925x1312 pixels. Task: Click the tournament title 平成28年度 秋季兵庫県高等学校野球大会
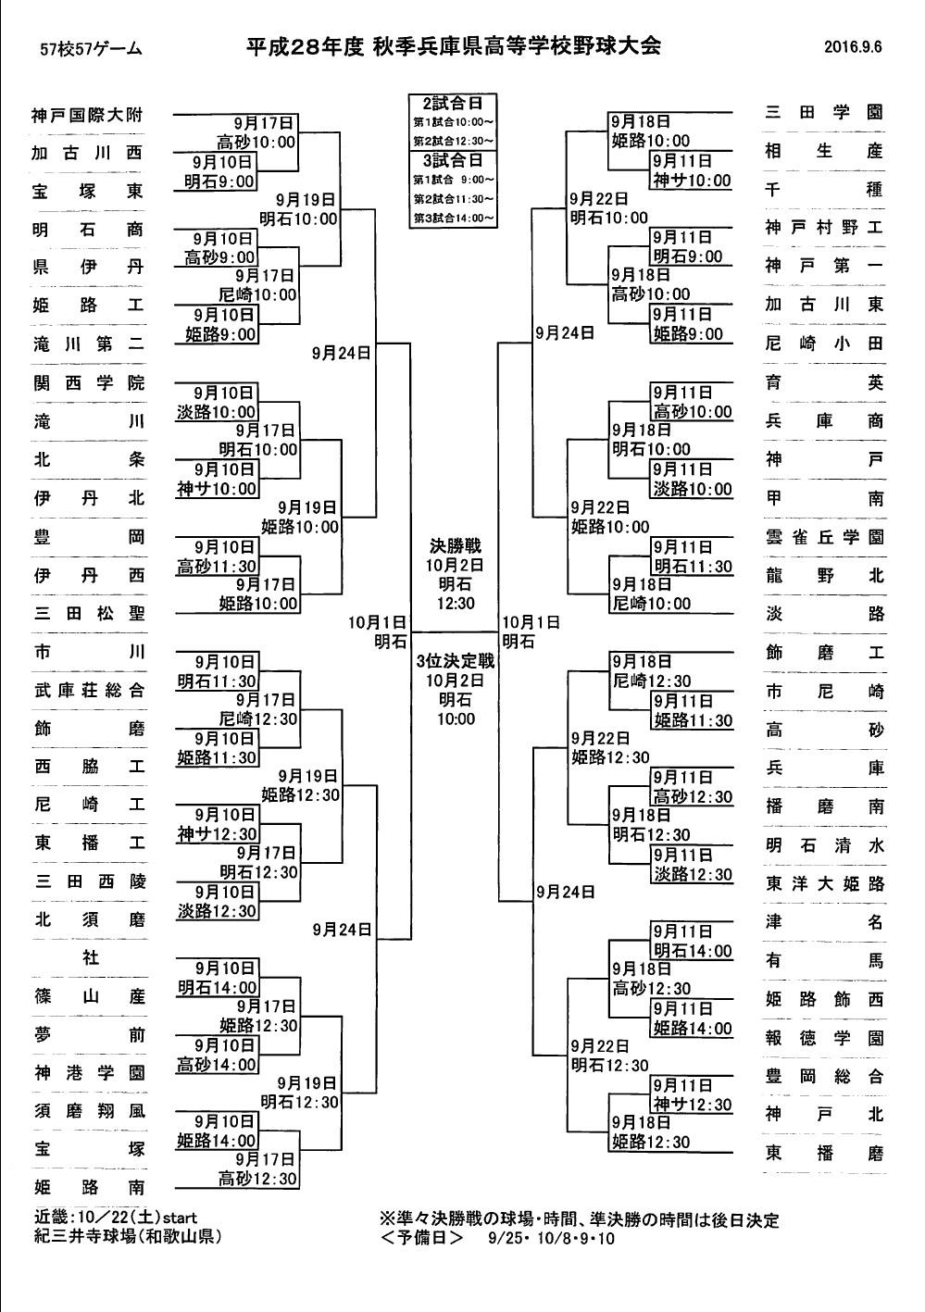(453, 46)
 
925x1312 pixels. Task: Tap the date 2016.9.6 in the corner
(853, 47)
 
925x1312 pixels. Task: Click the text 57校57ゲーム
(91, 49)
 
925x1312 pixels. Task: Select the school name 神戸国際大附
(87, 115)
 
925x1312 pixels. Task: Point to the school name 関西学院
(89, 383)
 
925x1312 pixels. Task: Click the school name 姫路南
(89, 1187)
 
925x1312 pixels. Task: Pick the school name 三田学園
(824, 111)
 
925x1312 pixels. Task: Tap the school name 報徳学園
(824, 1037)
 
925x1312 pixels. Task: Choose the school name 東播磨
(824, 1153)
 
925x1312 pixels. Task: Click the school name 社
(90, 957)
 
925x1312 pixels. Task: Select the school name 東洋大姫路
(824, 883)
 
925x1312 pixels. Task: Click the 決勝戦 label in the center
(456, 546)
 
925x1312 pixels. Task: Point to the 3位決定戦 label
(456, 661)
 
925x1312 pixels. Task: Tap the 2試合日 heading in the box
(453, 104)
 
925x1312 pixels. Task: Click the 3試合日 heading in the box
(453, 160)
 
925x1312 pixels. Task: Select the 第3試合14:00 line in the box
(454, 218)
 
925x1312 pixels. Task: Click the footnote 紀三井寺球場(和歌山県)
(128, 1237)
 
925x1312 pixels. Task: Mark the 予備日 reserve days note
(497, 1239)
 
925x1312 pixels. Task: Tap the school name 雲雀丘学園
(824, 536)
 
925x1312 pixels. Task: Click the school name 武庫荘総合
(89, 690)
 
